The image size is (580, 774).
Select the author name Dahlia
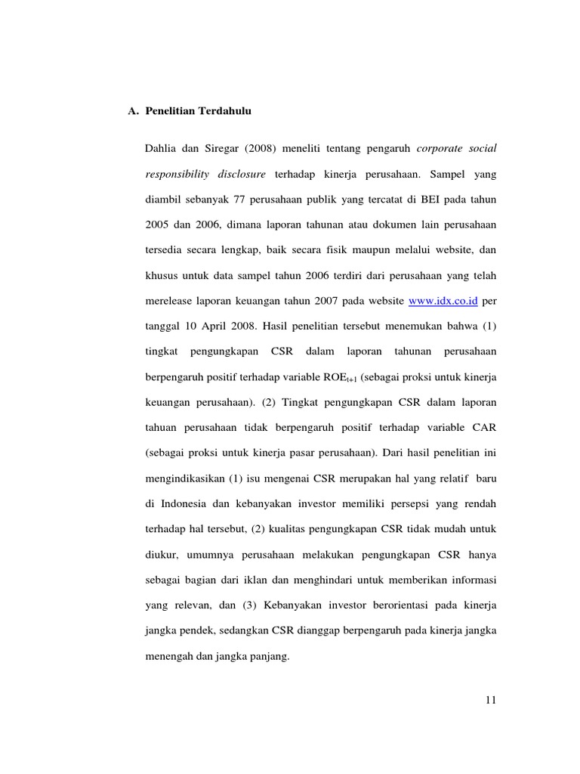(x=162, y=147)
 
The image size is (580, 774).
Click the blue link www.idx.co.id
(x=443, y=301)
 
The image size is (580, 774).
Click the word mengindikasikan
(x=187, y=479)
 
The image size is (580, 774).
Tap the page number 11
(x=490, y=701)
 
